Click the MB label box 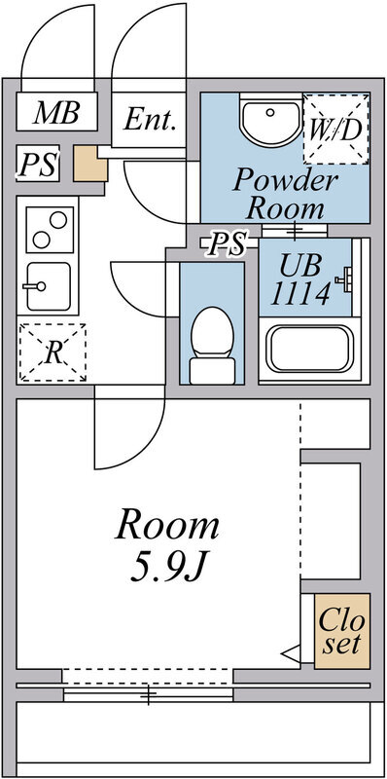57,113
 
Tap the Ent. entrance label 152,121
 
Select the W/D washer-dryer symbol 335,128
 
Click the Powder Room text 285,193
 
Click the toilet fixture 211,344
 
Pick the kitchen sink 45,287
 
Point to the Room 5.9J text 167,546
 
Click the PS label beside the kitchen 38,164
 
